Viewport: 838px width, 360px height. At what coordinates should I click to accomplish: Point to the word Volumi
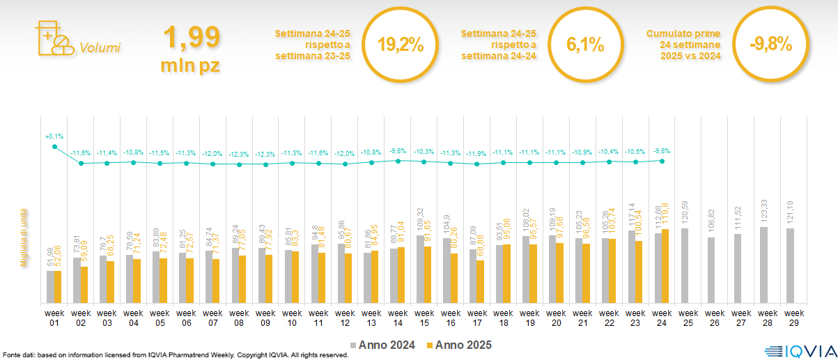tap(100, 48)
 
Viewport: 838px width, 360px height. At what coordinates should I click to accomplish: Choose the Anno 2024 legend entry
tap(385, 345)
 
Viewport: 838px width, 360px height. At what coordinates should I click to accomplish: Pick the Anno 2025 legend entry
tap(460, 345)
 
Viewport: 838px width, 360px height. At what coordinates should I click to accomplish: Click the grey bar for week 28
tap(764, 265)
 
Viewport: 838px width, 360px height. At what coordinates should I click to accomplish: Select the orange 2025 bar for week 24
tap(665, 266)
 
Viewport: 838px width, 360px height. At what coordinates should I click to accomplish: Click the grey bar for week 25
tap(685, 266)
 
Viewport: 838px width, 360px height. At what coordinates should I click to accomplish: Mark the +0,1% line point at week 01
tap(54, 146)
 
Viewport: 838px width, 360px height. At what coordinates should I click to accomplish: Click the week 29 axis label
tap(791, 318)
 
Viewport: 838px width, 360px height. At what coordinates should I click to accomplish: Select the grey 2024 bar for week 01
tap(50, 287)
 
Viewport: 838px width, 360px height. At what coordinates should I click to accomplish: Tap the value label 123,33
tap(764, 210)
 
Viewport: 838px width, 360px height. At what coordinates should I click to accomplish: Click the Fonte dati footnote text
tap(174, 355)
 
